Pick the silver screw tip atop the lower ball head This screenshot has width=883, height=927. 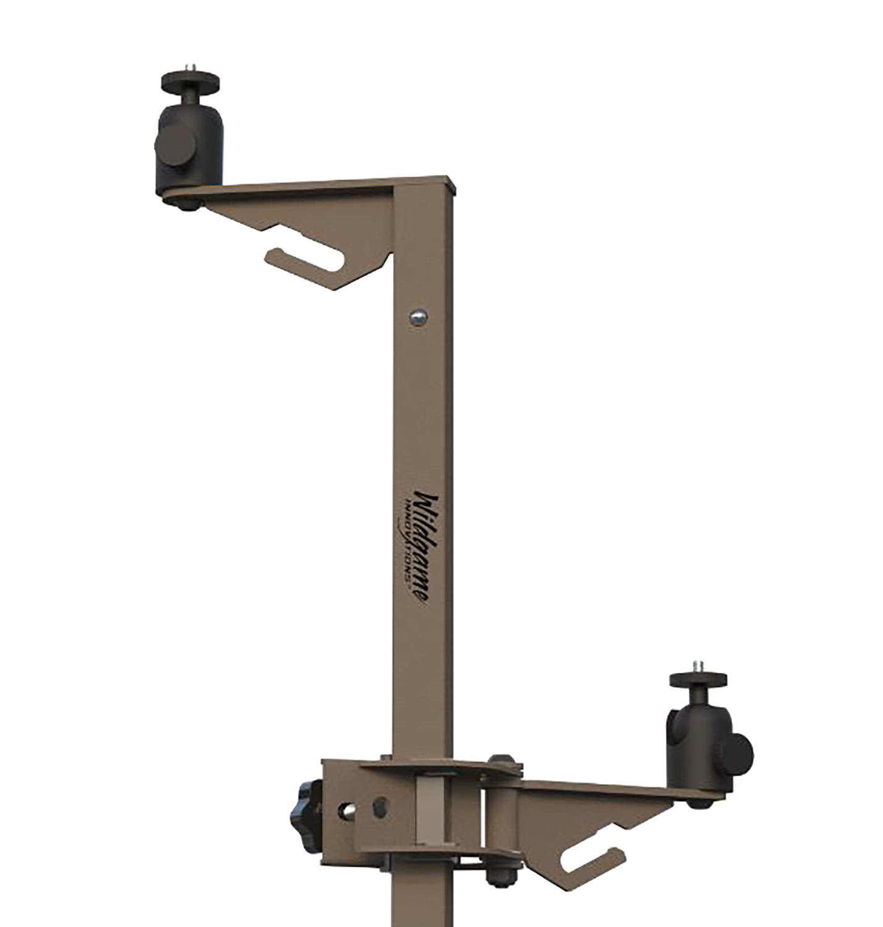[697, 664]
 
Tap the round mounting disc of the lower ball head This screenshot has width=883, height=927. [697, 679]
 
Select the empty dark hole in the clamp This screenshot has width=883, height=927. [381, 806]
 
